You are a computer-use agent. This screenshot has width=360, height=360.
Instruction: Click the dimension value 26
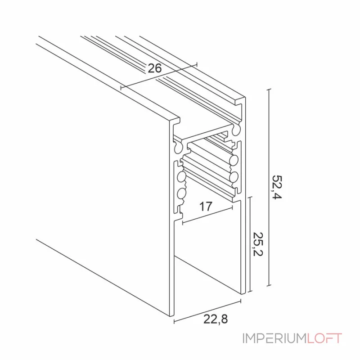[154, 68]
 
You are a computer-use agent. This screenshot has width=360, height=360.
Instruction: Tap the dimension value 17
[206, 206]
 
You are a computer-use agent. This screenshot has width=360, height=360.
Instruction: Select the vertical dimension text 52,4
[277, 187]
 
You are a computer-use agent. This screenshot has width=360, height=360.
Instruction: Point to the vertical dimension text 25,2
[257, 244]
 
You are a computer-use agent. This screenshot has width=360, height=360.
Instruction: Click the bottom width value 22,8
[216, 319]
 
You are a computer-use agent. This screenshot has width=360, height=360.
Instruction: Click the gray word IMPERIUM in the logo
[274, 338]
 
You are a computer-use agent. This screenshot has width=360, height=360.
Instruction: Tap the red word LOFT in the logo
[324, 338]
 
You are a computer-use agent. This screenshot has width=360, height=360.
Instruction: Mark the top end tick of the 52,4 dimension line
[269, 89]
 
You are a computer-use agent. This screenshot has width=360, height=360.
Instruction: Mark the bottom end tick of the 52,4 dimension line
[269, 286]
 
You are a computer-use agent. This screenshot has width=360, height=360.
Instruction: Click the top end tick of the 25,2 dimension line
[250, 197]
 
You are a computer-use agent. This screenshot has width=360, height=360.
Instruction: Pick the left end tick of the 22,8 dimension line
[174, 321]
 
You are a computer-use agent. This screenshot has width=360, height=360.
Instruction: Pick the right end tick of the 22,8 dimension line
[241, 301]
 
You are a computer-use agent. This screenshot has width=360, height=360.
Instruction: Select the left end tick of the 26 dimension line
[121, 87]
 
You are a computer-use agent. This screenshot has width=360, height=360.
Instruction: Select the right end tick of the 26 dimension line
[197, 64]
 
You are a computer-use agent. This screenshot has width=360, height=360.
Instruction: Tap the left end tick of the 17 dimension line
[183, 222]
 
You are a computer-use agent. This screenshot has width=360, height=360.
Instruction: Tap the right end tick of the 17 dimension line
[233, 207]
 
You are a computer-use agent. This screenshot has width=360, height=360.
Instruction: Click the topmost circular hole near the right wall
[236, 130]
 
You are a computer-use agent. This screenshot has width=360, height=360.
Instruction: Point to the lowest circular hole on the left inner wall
[181, 193]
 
